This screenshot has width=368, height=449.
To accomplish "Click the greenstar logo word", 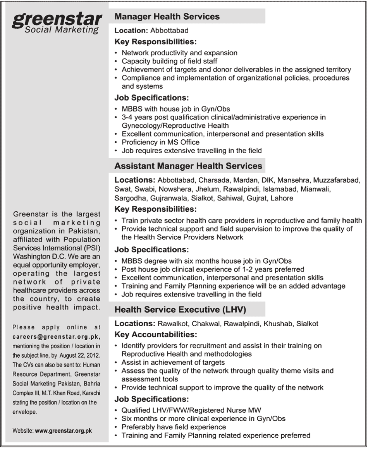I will pyautogui.click(x=57, y=19).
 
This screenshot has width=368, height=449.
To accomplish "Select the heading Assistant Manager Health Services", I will pyautogui.click(x=188, y=166).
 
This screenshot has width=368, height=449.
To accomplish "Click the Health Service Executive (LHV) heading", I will pyautogui.click(x=180, y=309).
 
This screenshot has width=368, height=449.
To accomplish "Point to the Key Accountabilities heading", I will pyautogui.click(x=156, y=334).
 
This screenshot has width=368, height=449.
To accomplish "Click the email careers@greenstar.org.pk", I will pyautogui.click(x=57, y=337).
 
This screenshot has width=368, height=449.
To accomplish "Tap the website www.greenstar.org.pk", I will pyautogui.click(x=64, y=430).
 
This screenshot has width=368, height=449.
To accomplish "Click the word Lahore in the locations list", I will pyautogui.click(x=282, y=198).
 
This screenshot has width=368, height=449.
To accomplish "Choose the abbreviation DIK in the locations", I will pyautogui.click(x=267, y=180).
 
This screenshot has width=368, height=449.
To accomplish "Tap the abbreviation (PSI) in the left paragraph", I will pyautogui.click(x=92, y=248).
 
